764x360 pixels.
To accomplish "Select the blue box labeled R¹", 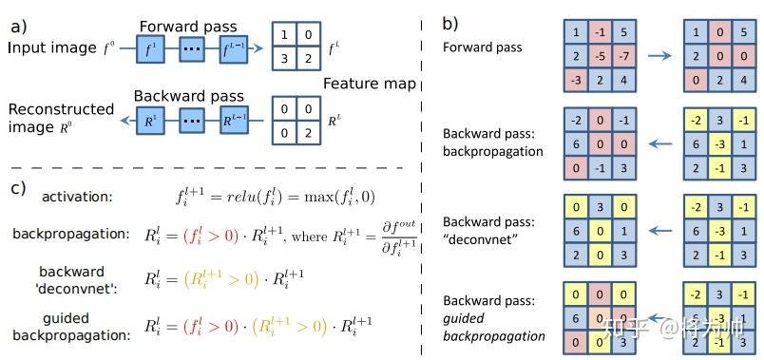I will click(147, 121).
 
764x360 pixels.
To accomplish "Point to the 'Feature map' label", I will click(369, 85).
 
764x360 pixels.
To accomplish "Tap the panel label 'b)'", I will click(450, 23).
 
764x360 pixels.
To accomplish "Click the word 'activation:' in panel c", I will click(76, 197).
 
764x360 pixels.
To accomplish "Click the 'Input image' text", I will click(52, 47).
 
